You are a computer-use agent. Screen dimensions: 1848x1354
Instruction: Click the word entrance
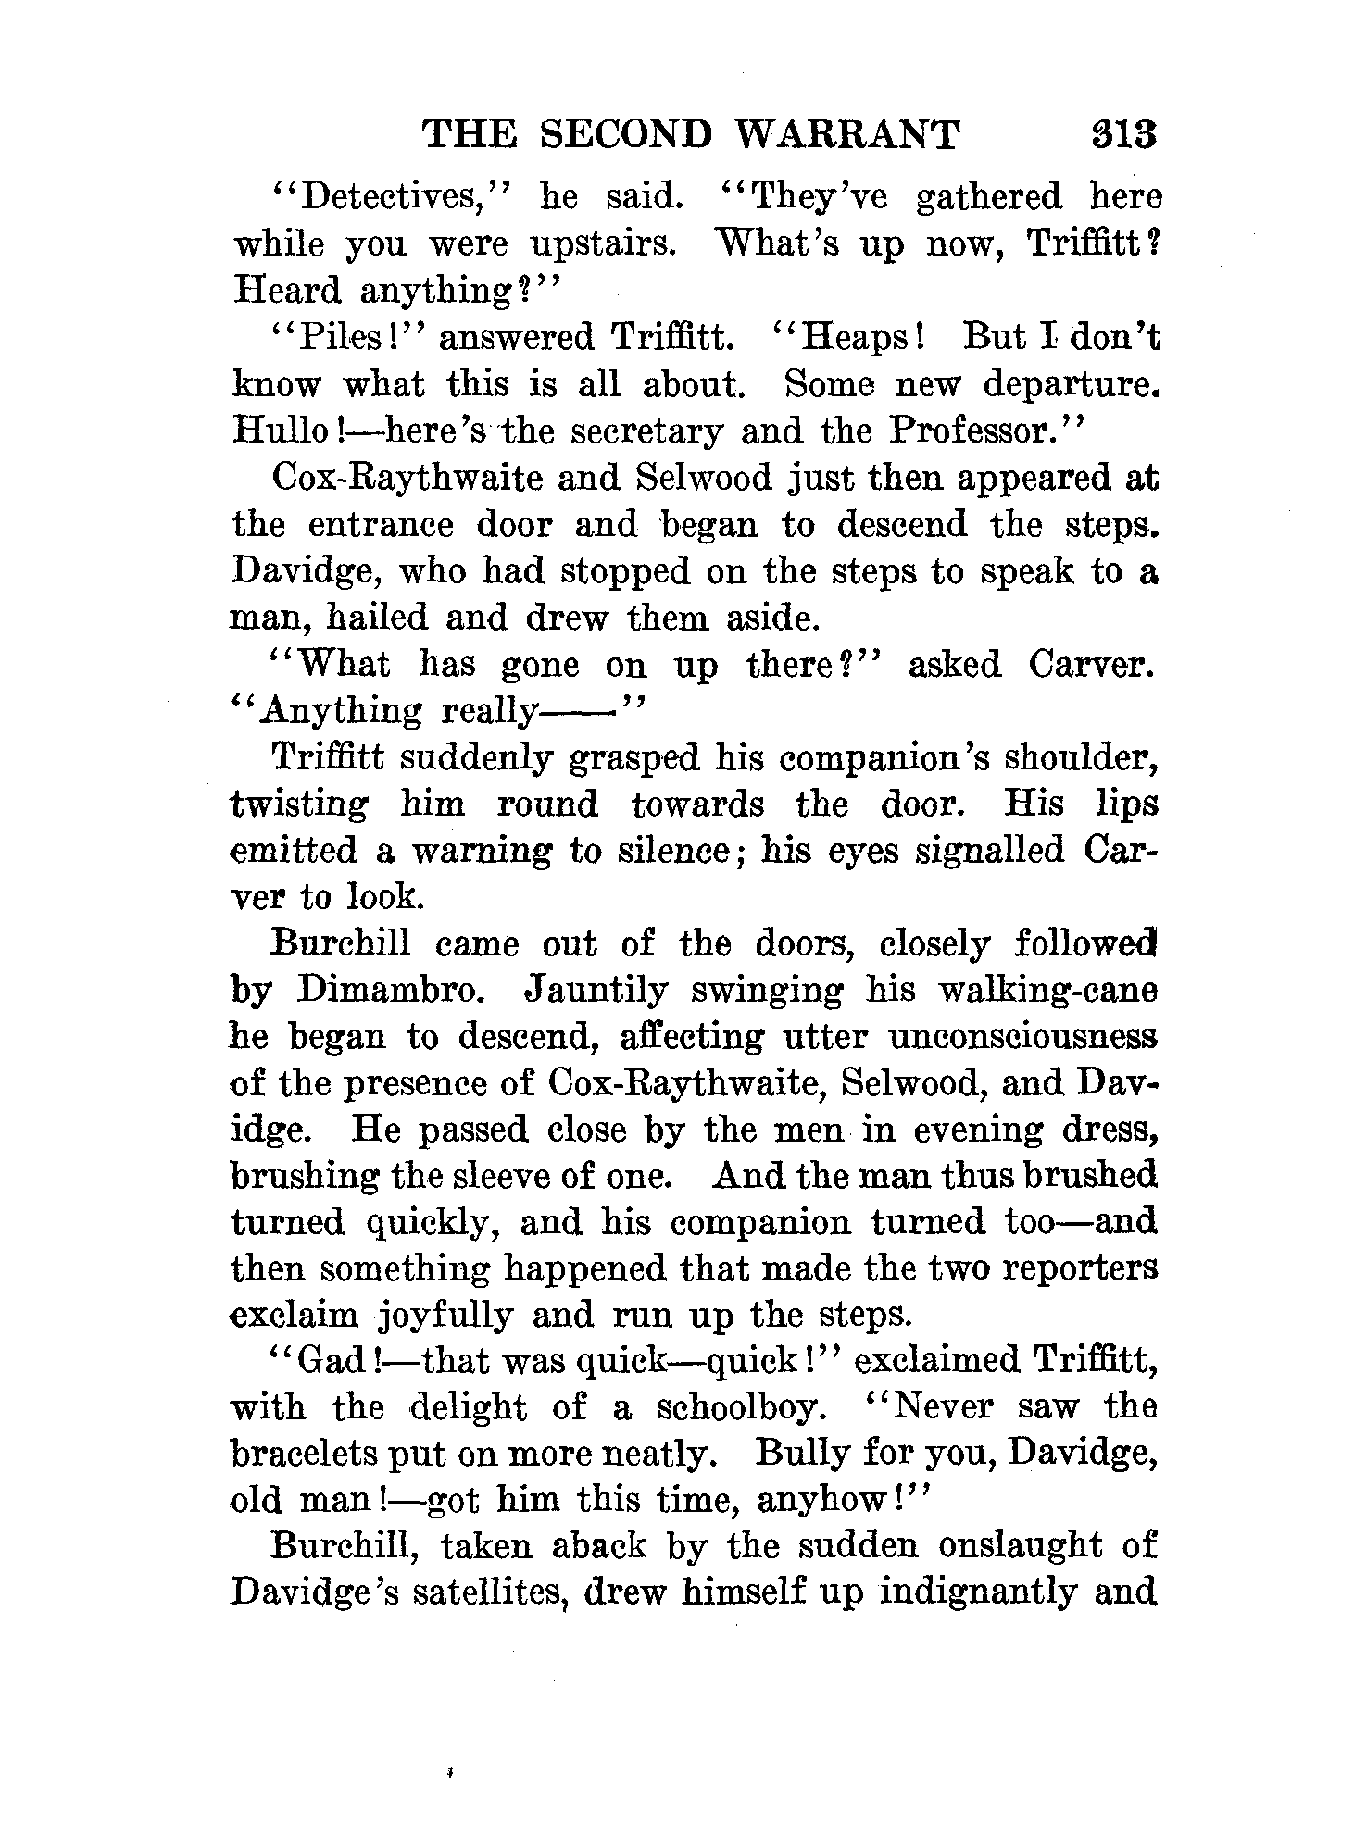click(381, 525)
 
